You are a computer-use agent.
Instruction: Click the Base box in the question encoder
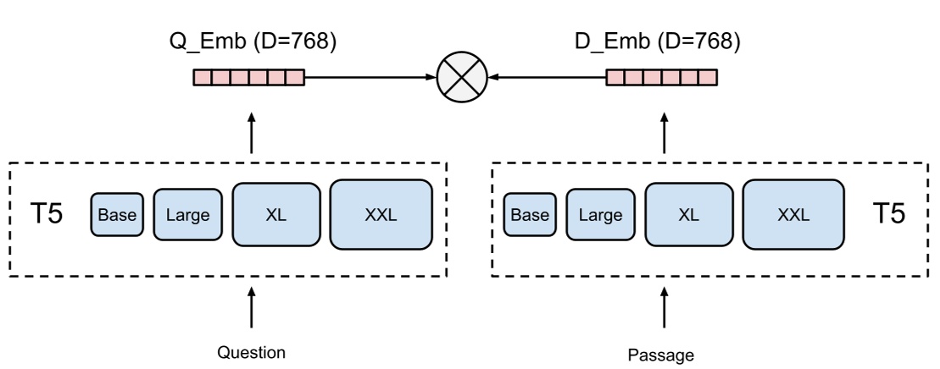coord(118,215)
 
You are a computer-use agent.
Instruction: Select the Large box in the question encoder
coord(187,215)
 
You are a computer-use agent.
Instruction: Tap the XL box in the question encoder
coord(276,215)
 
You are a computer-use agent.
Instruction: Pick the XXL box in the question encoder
coord(381,215)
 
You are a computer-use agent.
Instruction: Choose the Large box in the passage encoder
coord(600,215)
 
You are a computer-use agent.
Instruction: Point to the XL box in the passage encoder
coord(689,215)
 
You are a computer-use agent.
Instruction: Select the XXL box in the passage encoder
coord(793,215)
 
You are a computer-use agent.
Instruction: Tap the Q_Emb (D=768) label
coord(252,42)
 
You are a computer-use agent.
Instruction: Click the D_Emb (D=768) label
coord(663,42)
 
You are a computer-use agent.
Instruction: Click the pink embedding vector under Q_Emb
coord(248,78)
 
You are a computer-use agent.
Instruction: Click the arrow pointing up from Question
coord(252,310)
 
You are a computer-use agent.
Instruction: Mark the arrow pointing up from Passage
coord(664,310)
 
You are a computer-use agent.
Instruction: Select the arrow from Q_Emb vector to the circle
coord(369,78)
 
